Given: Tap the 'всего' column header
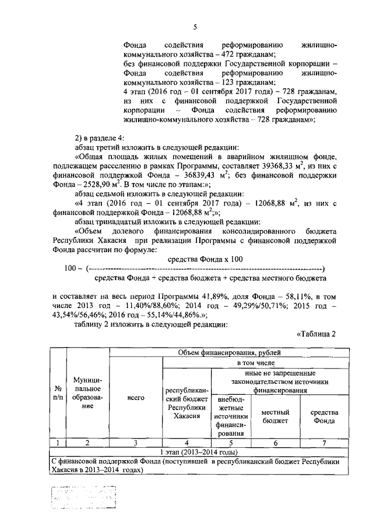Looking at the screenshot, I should point(136,398).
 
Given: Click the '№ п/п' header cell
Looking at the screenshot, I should point(58,394).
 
